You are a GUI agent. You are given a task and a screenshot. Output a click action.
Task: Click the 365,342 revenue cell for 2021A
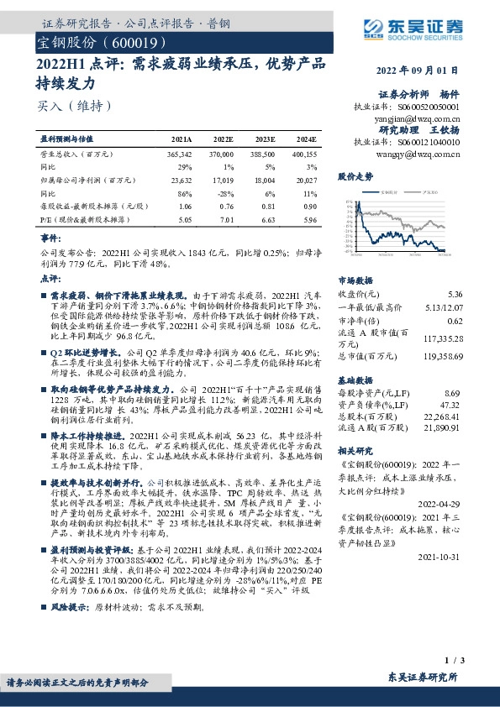(x=180, y=155)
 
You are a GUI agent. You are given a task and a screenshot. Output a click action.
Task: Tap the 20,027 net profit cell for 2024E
(x=306, y=180)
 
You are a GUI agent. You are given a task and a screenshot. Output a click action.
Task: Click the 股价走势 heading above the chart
(x=355, y=178)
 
